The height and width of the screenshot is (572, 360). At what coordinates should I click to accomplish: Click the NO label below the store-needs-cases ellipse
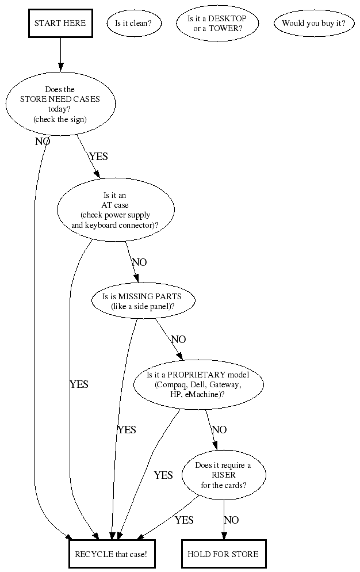pos(43,142)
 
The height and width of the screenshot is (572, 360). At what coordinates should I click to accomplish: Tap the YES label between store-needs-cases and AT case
pos(98,157)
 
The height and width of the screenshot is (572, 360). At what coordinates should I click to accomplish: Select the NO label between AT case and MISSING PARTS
pos(139,262)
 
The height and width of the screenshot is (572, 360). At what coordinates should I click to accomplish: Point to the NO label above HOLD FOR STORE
pos(231,520)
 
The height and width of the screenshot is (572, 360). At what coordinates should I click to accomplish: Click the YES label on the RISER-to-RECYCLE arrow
pos(184,520)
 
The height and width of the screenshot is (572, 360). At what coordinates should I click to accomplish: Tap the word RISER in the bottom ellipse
pos(224,475)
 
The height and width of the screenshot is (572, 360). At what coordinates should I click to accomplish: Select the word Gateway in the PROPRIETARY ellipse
pos(224,385)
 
